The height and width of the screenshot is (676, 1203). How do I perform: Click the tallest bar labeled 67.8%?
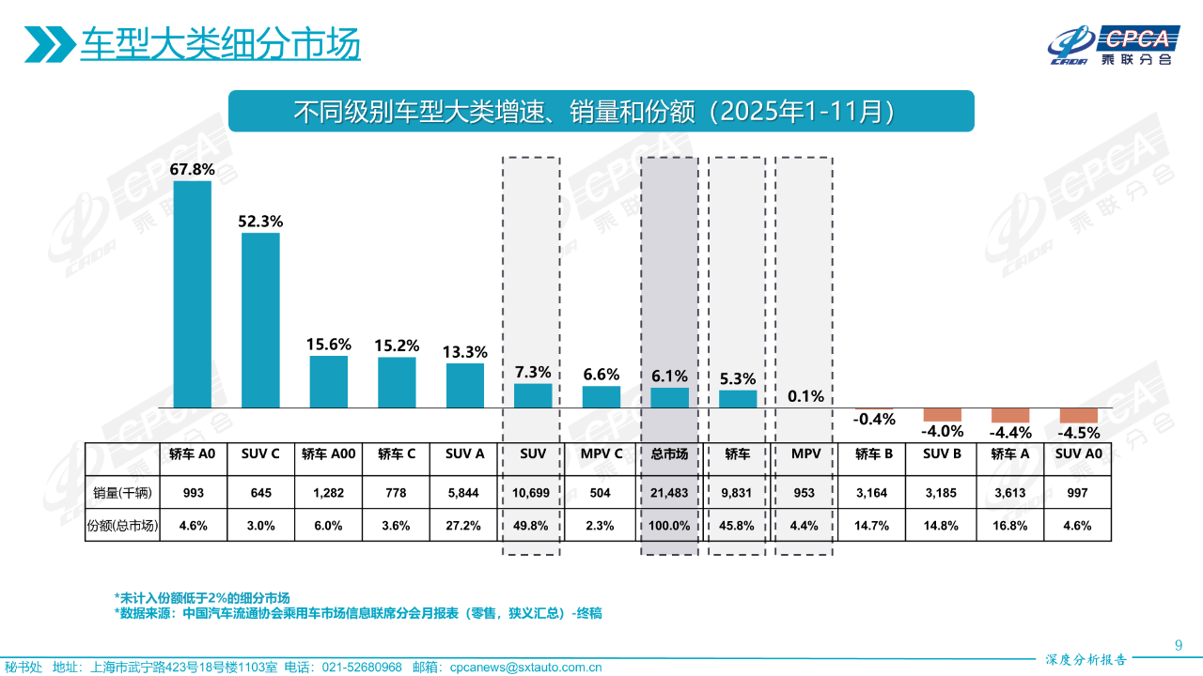pyautogui.click(x=193, y=294)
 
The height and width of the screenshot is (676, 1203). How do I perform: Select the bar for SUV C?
pyautogui.click(x=260, y=319)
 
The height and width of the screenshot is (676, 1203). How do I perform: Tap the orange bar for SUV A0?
pyautogui.click(x=1078, y=415)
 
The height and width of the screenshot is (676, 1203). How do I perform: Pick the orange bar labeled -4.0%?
pyautogui.click(x=942, y=414)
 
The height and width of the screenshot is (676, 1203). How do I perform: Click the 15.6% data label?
pyautogui.click(x=329, y=345)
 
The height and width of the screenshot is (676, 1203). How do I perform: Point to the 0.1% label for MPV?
pyautogui.click(x=805, y=396)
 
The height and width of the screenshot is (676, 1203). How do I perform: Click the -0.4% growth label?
pyautogui.click(x=874, y=420)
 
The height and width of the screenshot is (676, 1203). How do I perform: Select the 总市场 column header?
pyautogui.click(x=669, y=454)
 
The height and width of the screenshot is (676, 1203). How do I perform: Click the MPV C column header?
pyautogui.click(x=601, y=454)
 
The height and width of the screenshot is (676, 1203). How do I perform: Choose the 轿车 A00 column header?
pyautogui.click(x=329, y=454)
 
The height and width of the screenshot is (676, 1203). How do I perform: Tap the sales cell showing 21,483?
pyautogui.click(x=669, y=493)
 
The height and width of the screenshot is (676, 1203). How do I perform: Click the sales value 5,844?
pyautogui.click(x=465, y=493)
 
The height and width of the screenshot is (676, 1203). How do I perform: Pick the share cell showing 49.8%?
pyautogui.click(x=533, y=526)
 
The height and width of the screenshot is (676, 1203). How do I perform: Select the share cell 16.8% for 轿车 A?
pyautogui.click(x=1009, y=526)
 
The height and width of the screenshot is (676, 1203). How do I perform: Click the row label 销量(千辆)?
pyautogui.click(x=122, y=493)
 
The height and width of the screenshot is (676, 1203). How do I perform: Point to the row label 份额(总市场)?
pyautogui.click(x=122, y=526)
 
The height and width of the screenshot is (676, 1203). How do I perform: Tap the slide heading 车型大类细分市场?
pyautogui.click(x=220, y=44)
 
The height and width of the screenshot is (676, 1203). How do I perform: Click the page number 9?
pyautogui.click(x=1179, y=644)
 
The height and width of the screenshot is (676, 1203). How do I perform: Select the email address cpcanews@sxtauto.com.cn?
pyautogui.click(x=525, y=668)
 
